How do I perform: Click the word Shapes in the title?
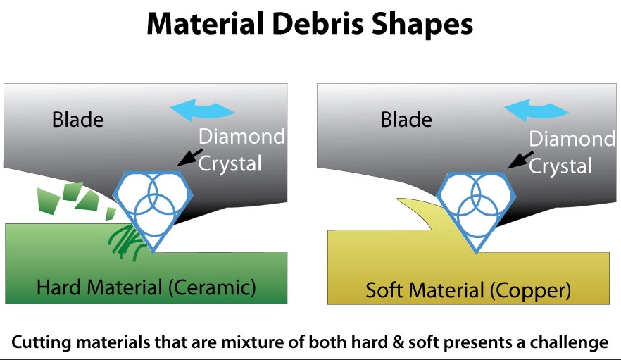coord(422,25)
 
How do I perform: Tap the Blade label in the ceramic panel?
coord(78,119)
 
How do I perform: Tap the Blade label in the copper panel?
coord(406,119)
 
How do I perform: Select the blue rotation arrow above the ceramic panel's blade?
coord(202,109)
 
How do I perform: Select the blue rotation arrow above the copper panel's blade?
coord(537,109)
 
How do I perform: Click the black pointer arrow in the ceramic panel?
coord(190,157)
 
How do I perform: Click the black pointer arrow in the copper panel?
coord(520,159)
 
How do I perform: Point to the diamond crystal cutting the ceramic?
coord(153,210)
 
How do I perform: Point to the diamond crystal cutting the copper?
coord(477,211)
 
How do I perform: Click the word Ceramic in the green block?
coord(213,287)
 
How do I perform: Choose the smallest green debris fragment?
coord(110,213)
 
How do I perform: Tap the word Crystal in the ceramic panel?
coord(230,163)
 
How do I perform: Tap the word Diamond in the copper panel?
coord(572,139)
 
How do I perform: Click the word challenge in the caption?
coord(569,342)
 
